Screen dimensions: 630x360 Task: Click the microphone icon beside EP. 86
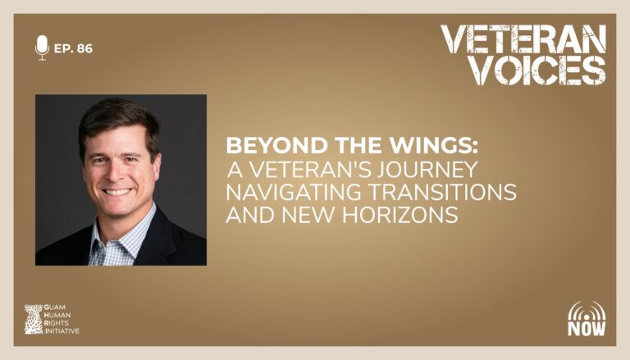(x=42, y=48)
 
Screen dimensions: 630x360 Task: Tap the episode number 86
(x=84, y=48)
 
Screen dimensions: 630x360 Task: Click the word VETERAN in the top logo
(x=523, y=39)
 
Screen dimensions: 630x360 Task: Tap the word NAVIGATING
(x=294, y=192)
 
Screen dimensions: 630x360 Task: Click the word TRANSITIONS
(x=443, y=192)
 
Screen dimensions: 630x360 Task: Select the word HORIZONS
(x=400, y=215)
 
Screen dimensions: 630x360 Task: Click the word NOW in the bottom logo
(x=587, y=328)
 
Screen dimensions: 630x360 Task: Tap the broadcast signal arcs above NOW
(x=587, y=310)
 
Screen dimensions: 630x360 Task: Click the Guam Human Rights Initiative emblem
(x=34, y=320)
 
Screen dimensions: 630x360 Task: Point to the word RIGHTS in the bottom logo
(x=57, y=323)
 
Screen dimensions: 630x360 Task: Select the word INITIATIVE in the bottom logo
(x=62, y=331)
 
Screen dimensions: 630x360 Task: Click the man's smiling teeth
(x=117, y=192)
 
